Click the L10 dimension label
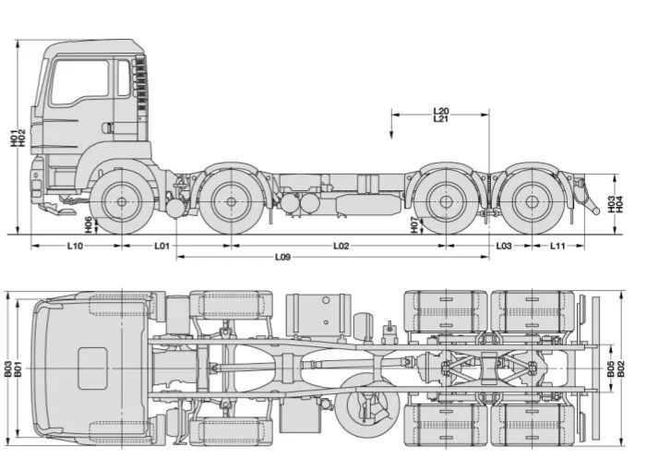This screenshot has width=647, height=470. [75, 246]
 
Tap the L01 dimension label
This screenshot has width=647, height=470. [162, 246]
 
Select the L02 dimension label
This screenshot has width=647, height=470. [341, 246]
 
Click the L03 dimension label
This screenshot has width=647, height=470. [504, 246]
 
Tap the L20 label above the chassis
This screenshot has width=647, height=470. [440, 111]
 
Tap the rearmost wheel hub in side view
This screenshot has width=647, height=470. [531, 202]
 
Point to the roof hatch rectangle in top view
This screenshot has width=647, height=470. [92, 368]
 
